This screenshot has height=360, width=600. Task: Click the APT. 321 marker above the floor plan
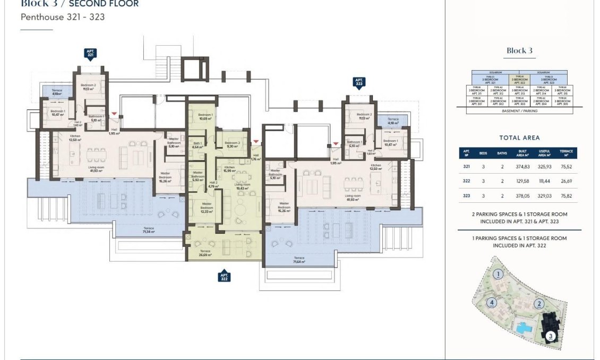pos(90,53)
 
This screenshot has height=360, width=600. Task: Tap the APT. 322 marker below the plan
pos(224,276)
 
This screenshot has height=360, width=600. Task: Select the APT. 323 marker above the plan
pos(359,82)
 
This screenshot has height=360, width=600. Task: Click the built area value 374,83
pos(522,166)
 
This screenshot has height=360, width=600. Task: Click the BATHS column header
pos(502,153)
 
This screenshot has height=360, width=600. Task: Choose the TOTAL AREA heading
pos(519,138)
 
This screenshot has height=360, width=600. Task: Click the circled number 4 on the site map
pos(492,303)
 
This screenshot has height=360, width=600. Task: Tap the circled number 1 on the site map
pos(498,275)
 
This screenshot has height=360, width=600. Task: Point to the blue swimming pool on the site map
pos(525,327)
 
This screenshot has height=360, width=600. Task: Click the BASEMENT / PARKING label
pos(519,111)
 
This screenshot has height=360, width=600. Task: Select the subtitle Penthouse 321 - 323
pos(62,17)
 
